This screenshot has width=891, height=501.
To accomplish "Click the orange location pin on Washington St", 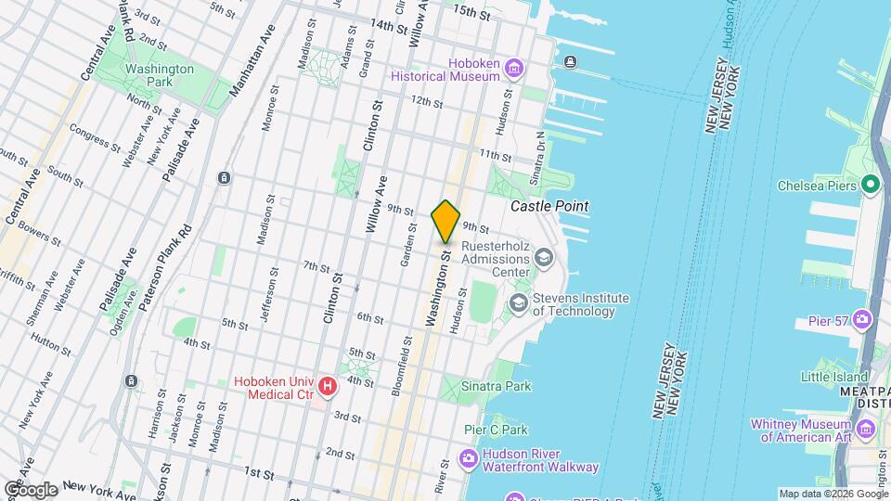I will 445,221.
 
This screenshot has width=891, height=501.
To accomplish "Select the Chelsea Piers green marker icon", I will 871,183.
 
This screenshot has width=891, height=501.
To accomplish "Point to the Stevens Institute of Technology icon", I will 517,303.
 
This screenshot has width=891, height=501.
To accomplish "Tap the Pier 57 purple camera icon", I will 864,320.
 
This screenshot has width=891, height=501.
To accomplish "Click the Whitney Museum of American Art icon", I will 867,429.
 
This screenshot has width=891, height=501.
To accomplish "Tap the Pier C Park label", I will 496,430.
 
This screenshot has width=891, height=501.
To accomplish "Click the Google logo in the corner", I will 30,489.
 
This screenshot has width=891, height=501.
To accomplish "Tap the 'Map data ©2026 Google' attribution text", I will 833,494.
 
